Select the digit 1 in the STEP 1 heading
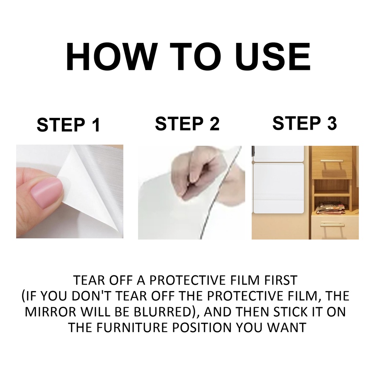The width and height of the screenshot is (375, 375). tap(95, 125)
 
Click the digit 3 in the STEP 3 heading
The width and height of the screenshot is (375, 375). tap(331, 123)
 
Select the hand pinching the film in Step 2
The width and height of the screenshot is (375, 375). tap(198, 172)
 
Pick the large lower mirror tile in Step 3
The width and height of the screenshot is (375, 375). tap(277, 188)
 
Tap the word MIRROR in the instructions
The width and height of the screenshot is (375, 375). tap(49, 312)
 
